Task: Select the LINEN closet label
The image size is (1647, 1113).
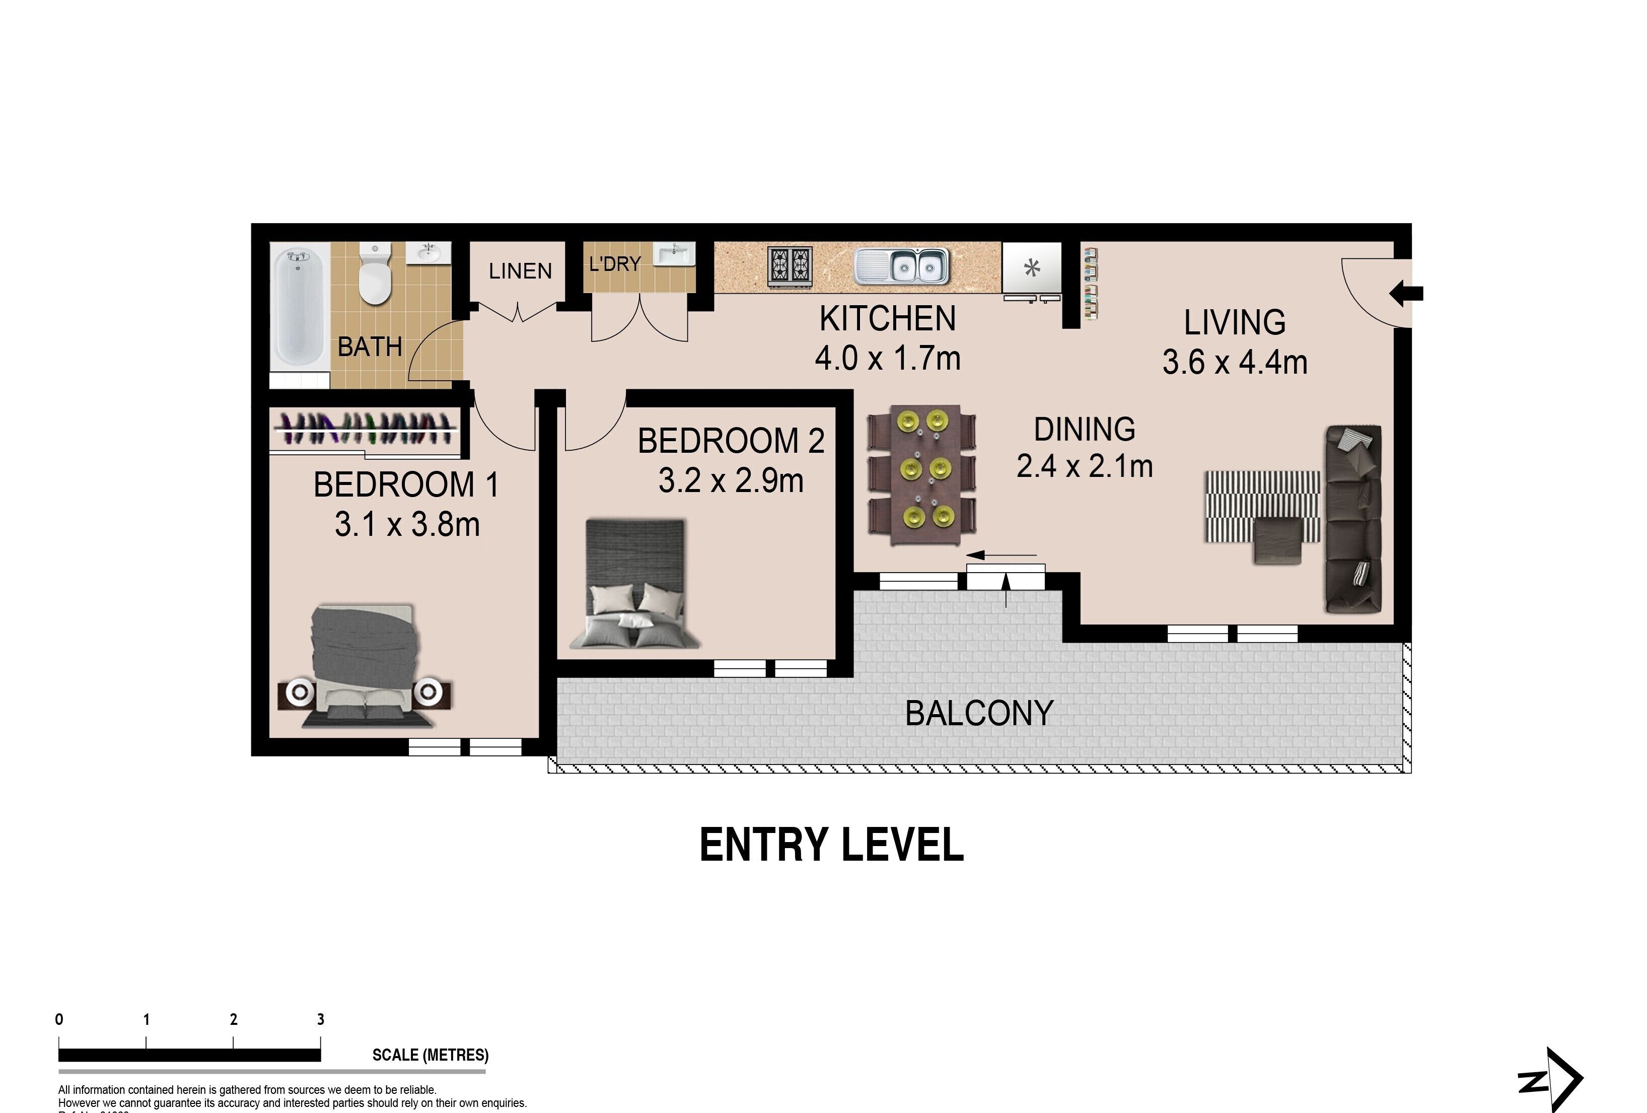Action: [x=520, y=271]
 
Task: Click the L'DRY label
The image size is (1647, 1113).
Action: [x=614, y=264]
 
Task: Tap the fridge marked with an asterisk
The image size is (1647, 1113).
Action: [x=1032, y=268]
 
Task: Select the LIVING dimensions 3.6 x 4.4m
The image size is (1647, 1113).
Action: [x=1235, y=362]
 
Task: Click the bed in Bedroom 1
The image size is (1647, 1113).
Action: [x=364, y=666]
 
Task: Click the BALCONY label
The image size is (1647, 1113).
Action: [x=979, y=713]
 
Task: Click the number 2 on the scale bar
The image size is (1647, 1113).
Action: [x=234, y=1019]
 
